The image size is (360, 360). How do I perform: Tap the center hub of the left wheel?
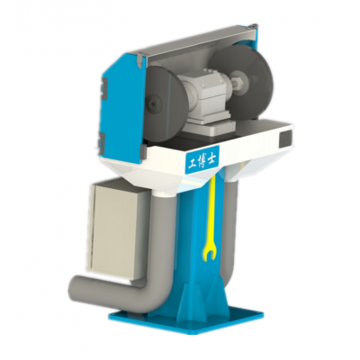(154, 104)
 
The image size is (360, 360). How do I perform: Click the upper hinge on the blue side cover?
(103, 88)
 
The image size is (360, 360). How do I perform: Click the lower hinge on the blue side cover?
(102, 140)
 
